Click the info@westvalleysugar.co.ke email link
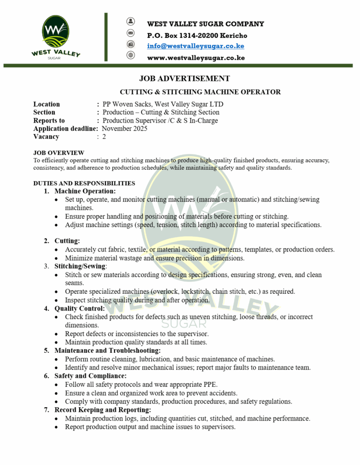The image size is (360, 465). coord(195,46)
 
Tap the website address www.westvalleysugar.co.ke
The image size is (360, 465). coord(196,58)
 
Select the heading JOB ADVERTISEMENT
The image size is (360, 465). coord(185,79)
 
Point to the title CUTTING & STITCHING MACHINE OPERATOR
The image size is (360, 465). coord(200,92)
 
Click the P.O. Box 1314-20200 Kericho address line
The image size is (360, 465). coord(197,35)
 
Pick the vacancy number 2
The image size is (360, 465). coord(104,137)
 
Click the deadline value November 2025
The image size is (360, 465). coord(125,129)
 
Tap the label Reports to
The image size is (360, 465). coord(49,120)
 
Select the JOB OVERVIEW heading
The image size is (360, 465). coord(59,153)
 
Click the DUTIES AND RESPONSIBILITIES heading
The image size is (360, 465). coord(84,183)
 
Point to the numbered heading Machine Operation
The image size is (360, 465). coord(85,191)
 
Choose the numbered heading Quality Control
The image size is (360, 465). coord(80,309)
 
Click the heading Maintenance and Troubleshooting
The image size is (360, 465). coord(107,351)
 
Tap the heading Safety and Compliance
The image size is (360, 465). coord(90,376)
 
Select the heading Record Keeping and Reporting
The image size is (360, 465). coord(102,410)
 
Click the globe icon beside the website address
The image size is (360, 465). coord(131,55)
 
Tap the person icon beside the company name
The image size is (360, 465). coord(131,21)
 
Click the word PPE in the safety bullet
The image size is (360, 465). coord(209,385)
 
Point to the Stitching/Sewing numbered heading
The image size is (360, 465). coord(80,266)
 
